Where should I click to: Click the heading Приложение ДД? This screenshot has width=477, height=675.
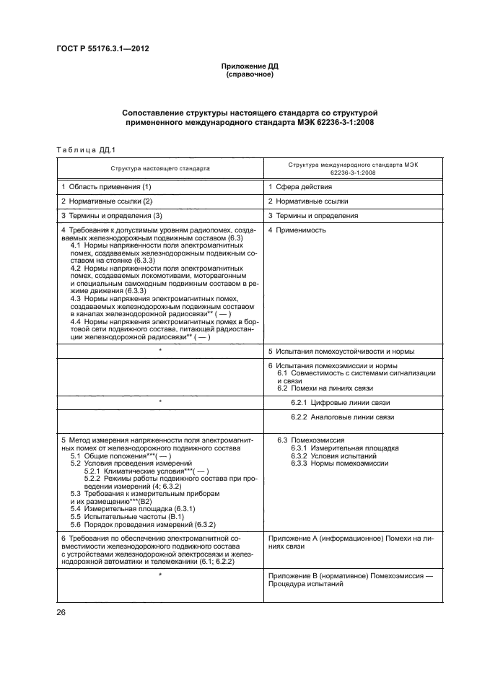[249, 66]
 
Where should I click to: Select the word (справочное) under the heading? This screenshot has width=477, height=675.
[249, 74]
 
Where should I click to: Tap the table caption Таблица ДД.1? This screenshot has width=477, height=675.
[81, 149]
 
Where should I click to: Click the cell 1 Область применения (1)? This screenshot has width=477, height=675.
[106, 187]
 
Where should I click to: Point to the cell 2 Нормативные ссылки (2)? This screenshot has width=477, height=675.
[107, 201]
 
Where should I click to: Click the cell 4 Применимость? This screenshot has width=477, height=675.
[297, 230]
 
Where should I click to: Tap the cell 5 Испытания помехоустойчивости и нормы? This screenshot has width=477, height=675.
[341, 352]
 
